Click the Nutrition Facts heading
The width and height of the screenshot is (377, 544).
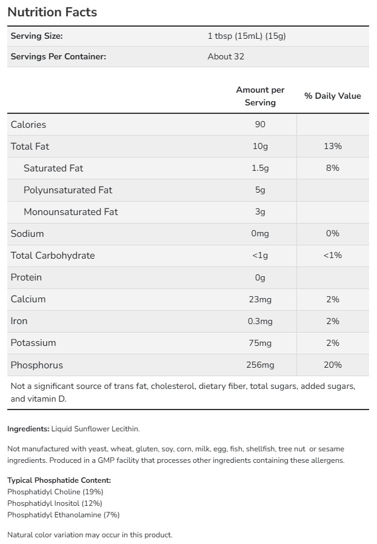click(52, 12)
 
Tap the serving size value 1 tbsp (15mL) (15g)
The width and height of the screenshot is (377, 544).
click(246, 36)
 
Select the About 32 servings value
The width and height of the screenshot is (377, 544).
click(225, 56)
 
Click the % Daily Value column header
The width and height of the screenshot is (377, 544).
click(332, 96)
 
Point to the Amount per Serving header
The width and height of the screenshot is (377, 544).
click(260, 96)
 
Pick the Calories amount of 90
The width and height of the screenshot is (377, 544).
click(260, 125)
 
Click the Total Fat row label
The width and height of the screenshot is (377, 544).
click(30, 147)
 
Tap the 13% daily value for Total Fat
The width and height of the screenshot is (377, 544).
click(332, 147)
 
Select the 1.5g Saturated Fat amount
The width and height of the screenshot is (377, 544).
click(260, 168)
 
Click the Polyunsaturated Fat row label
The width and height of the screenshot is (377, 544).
click(68, 190)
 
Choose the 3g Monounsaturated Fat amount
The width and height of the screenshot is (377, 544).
click(260, 212)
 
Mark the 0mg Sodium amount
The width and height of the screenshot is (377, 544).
click(260, 234)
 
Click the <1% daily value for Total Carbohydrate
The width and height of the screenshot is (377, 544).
click(332, 256)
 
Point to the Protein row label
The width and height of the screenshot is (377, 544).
click(27, 277)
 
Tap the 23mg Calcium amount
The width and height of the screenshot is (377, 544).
click(260, 299)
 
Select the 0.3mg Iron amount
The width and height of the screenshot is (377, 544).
click(260, 321)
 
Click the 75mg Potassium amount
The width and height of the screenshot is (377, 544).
click(260, 343)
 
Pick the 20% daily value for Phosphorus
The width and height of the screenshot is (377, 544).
click(332, 365)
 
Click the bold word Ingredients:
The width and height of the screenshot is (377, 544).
click(28, 429)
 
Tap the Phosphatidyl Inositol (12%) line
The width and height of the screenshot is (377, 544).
click(55, 503)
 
